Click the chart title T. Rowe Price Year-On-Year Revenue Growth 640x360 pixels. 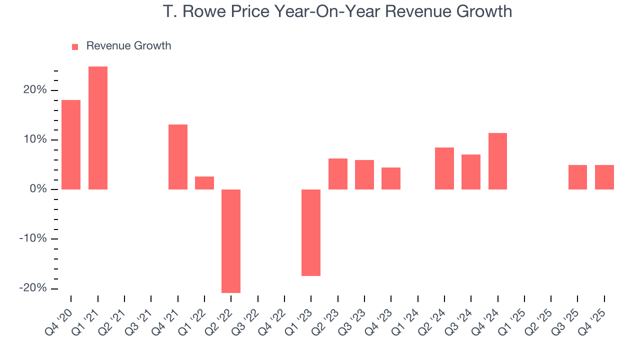pyautogui.click(x=337, y=11)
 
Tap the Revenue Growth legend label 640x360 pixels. pyautogui.click(x=128, y=46)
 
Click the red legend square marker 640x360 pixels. pyautogui.click(x=75, y=47)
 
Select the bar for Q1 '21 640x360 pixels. pyautogui.click(x=98, y=128)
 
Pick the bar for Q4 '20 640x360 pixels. pyautogui.click(x=71, y=144)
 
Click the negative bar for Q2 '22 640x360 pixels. pyautogui.click(x=231, y=241)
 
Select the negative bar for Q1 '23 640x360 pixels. pyautogui.click(x=311, y=232)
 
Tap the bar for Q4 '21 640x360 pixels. pyautogui.click(x=178, y=157)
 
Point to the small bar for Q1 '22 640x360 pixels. pyautogui.click(x=204, y=183)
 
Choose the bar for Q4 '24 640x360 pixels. pyautogui.click(x=497, y=161)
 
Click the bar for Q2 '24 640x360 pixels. pyautogui.click(x=444, y=168)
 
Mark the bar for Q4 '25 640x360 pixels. pyautogui.click(x=604, y=177)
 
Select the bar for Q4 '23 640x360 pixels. pyautogui.click(x=391, y=178)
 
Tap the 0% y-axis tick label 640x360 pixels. pyautogui.click(x=39, y=189)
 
